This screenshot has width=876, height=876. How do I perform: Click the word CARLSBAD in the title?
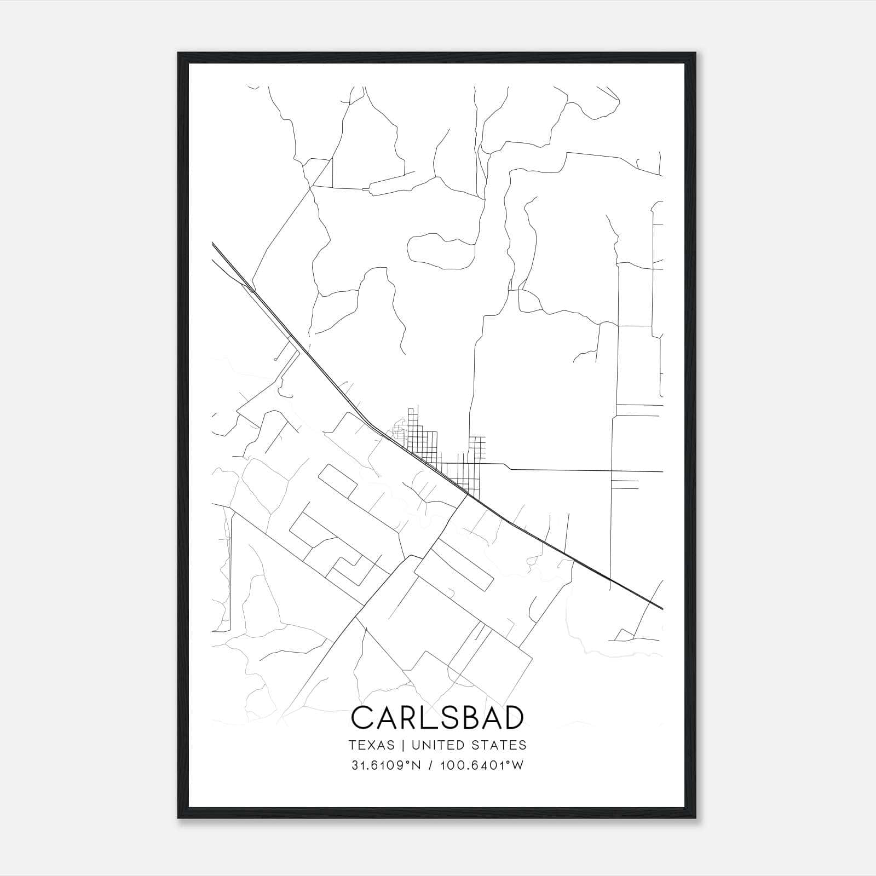437,718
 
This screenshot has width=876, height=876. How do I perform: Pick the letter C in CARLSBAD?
362,718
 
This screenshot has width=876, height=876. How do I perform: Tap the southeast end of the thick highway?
661,608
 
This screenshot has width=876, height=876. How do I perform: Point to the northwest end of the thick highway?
213,244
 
